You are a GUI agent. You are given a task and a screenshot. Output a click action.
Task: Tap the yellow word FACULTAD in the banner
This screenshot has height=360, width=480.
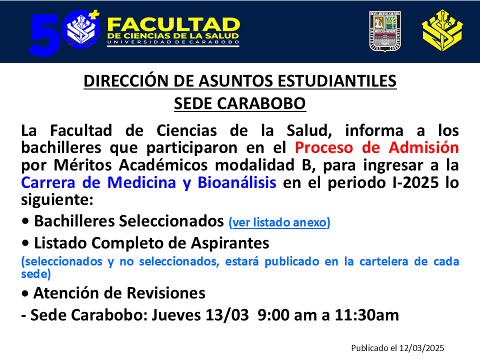[x=173, y=24]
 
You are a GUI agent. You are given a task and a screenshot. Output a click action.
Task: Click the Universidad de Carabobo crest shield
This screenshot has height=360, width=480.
[x=385, y=31]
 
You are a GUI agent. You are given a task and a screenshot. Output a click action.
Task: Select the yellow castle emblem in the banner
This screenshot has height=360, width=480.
[x=442, y=30]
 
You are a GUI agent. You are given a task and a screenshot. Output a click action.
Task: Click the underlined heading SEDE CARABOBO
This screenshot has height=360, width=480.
[x=240, y=103]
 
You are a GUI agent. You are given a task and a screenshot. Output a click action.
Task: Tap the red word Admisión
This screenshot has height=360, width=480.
[x=423, y=147]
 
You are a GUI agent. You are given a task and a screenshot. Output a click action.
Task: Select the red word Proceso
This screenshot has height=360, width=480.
[x=324, y=147]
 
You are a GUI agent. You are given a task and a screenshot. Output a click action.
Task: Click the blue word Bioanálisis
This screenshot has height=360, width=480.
[x=237, y=182]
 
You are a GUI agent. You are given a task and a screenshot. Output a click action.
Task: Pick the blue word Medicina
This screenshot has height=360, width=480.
[x=141, y=182]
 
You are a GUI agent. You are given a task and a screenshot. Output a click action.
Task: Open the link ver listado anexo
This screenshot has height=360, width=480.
[x=279, y=222]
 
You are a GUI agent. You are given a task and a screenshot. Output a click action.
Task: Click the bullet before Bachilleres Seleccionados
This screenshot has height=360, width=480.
[x=25, y=221]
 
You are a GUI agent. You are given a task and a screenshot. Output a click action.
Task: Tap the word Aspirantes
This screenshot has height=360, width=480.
[x=230, y=243]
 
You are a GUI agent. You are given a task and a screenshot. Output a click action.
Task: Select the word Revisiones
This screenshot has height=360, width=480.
[x=166, y=293]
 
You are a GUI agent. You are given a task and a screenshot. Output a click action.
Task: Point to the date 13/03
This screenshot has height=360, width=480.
[x=227, y=315]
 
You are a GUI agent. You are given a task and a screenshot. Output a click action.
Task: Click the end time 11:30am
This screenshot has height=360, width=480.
[x=366, y=315]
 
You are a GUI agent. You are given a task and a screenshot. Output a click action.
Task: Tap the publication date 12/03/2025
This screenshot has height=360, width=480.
[x=422, y=348]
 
